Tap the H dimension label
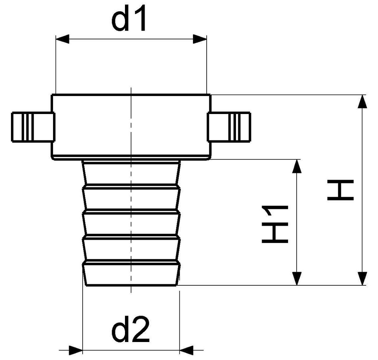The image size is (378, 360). pos(340,190)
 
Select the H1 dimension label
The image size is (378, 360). pos(275,224)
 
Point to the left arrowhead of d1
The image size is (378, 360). pos(62,39)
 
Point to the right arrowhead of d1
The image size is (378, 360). pos(200,39)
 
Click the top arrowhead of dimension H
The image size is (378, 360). pos(362,102)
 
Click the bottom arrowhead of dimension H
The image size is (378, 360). pos(362,278)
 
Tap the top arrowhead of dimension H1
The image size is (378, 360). pos(297,166)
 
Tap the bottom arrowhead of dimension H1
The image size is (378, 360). pos(297,278)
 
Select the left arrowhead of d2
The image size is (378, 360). pos(76,350)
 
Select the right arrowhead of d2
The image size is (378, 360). pos(186,350)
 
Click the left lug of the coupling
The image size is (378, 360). pos(33,127)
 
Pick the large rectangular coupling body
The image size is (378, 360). pos(131,127)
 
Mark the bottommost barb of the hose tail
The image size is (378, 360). pos(131,273)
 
